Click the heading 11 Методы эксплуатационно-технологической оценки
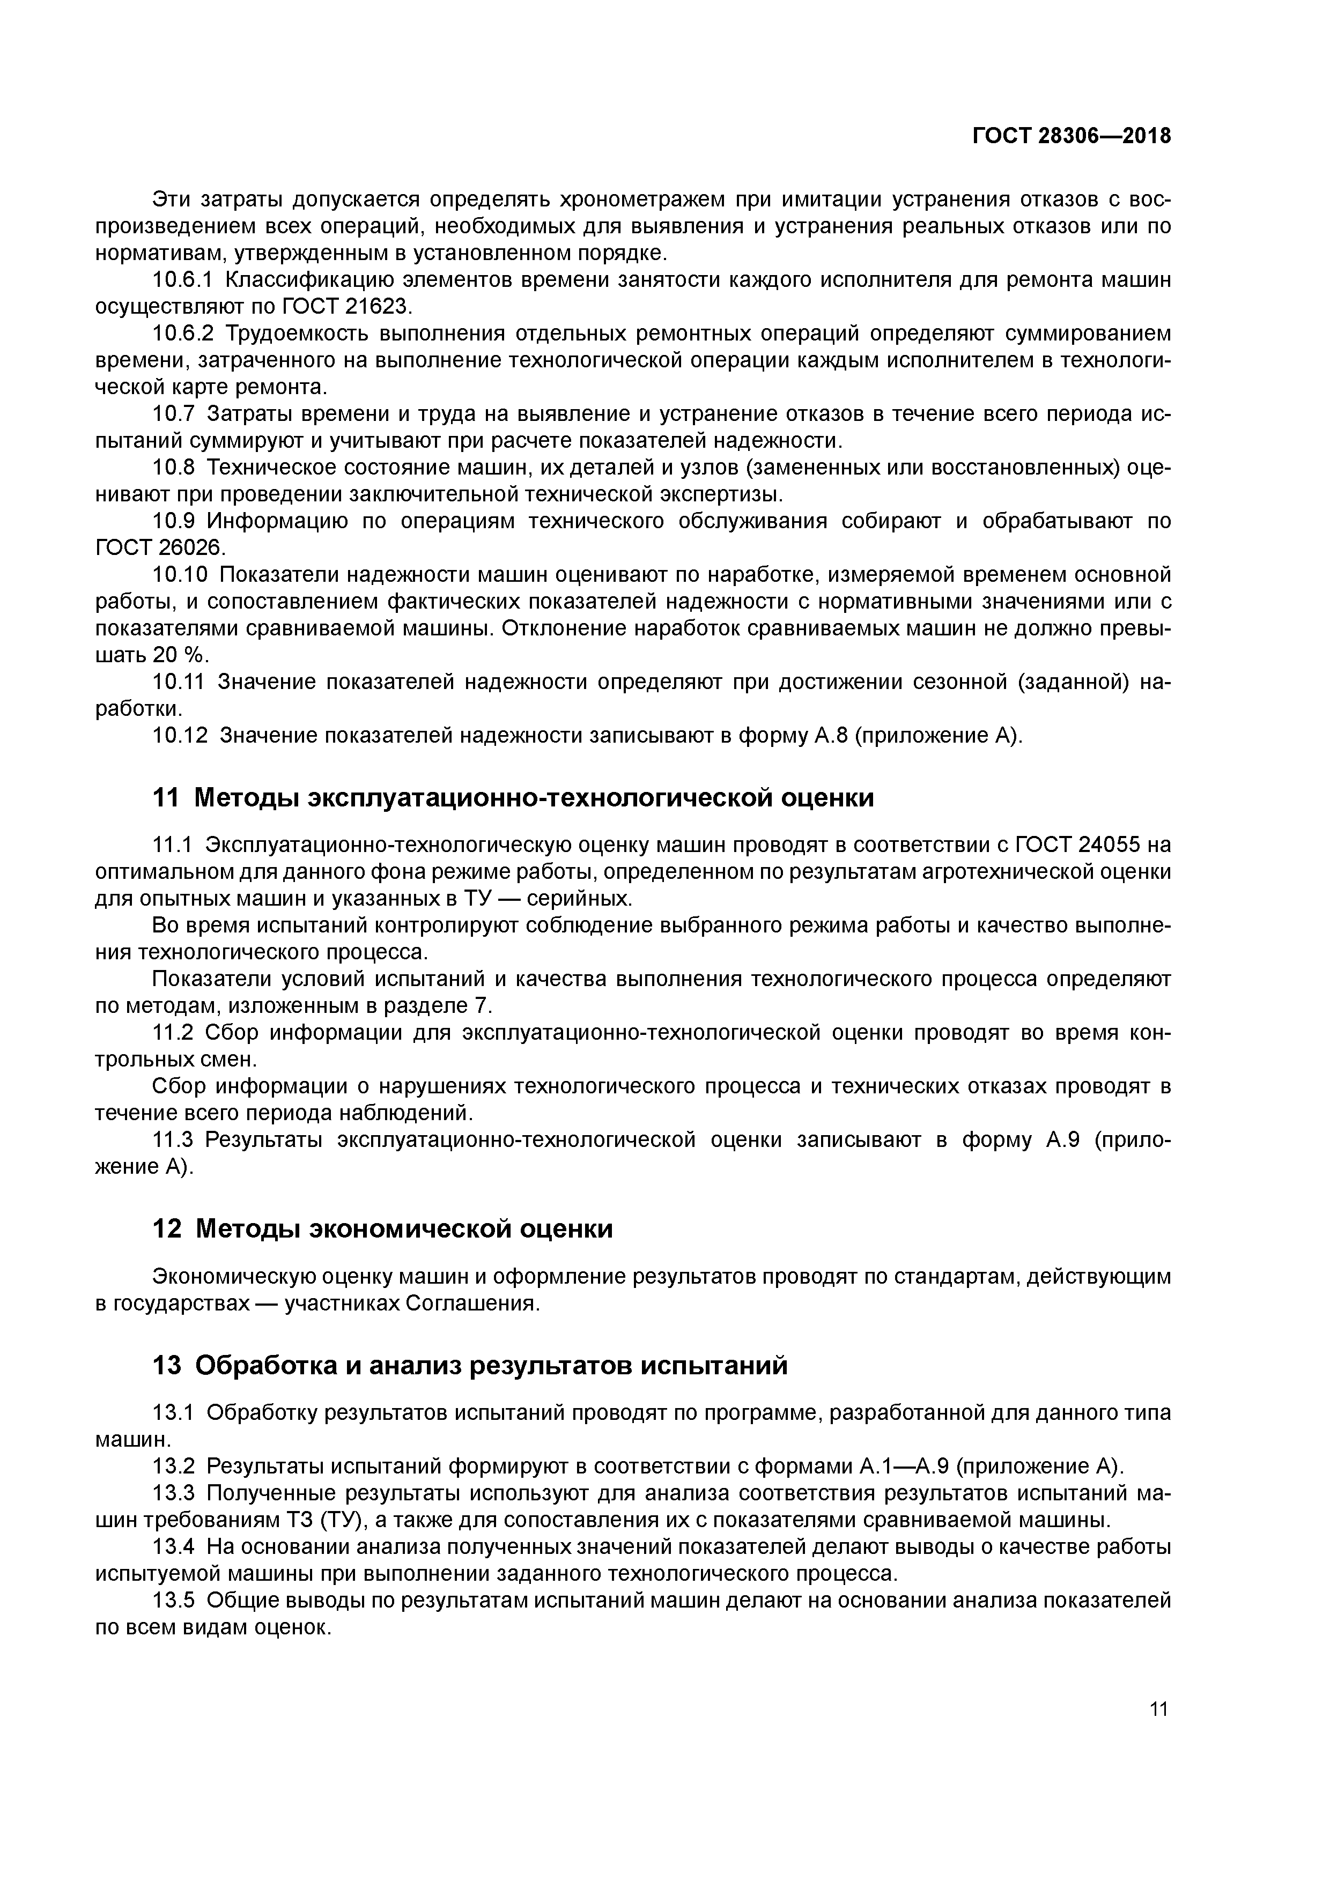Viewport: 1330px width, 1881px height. (513, 797)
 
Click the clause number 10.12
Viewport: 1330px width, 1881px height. (180, 736)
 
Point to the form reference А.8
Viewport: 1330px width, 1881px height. (831, 736)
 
